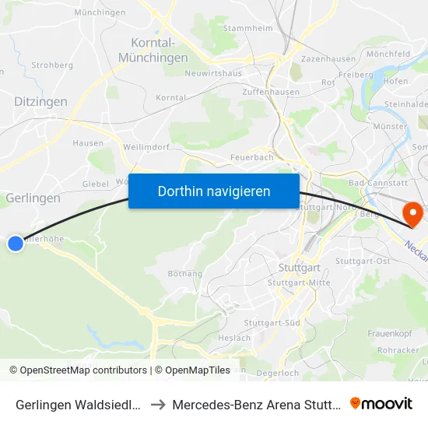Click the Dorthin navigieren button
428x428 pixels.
pos(214,191)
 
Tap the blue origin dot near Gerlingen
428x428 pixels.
pos(15,244)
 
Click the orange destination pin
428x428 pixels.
pos(408,212)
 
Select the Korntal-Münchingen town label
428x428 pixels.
pos(153,50)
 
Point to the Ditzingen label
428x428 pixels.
pos(40,101)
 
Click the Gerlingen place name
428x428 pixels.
pos(33,198)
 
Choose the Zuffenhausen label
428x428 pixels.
pos(271,92)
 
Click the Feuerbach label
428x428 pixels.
pos(251,157)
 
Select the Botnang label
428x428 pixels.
pos(185,273)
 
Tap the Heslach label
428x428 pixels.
pos(234,338)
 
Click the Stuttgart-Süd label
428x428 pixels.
pos(272,322)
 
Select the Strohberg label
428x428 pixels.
pos(53,65)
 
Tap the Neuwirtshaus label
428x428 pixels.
pos(213,73)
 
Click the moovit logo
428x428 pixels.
pos(381,403)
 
